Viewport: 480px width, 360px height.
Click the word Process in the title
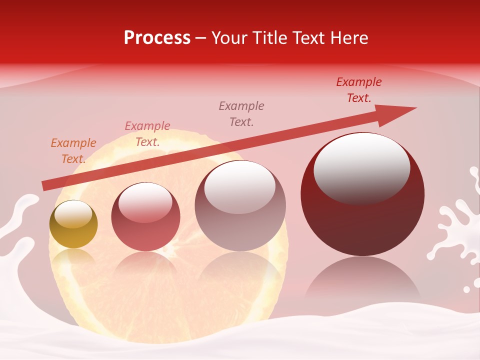point(157,38)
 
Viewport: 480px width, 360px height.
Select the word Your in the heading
point(228,38)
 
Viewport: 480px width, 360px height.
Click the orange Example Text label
point(73,151)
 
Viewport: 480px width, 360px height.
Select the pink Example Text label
point(147,134)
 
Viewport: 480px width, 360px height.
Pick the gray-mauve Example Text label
point(241,113)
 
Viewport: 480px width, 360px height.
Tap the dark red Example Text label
point(359,90)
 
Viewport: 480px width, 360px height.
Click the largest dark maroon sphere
point(362,220)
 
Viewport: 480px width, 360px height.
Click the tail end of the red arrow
point(44,186)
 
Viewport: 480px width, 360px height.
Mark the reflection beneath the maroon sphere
point(362,280)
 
